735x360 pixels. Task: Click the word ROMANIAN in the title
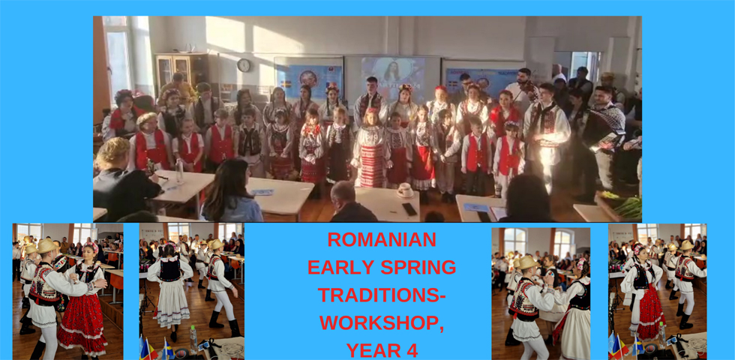[x=382, y=239]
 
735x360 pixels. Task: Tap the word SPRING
[x=418, y=267]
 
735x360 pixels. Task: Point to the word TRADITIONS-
[x=382, y=295]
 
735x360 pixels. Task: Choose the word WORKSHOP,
[x=382, y=322]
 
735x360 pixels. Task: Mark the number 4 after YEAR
[x=412, y=350]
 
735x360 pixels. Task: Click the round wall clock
[x=243, y=65]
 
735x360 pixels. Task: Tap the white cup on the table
[x=405, y=190]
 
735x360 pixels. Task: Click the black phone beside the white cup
[x=409, y=209]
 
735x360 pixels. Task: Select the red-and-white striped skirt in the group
[x=372, y=164]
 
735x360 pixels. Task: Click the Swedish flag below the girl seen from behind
[x=167, y=348]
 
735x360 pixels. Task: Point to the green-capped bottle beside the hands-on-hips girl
[x=661, y=334]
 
